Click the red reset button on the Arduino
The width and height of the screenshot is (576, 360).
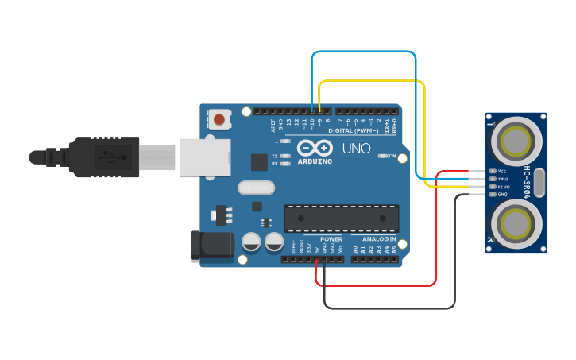[218, 120]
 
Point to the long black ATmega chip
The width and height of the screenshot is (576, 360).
[342, 216]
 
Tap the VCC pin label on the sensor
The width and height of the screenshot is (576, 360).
[501, 171]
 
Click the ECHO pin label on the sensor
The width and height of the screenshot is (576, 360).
[503, 187]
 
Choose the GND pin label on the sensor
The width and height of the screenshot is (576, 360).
[502, 195]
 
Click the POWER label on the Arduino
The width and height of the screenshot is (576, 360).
[331, 239]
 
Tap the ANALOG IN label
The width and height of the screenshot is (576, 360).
[379, 239]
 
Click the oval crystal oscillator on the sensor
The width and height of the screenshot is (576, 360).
[541, 182]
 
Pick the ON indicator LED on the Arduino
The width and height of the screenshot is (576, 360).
[383, 156]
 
